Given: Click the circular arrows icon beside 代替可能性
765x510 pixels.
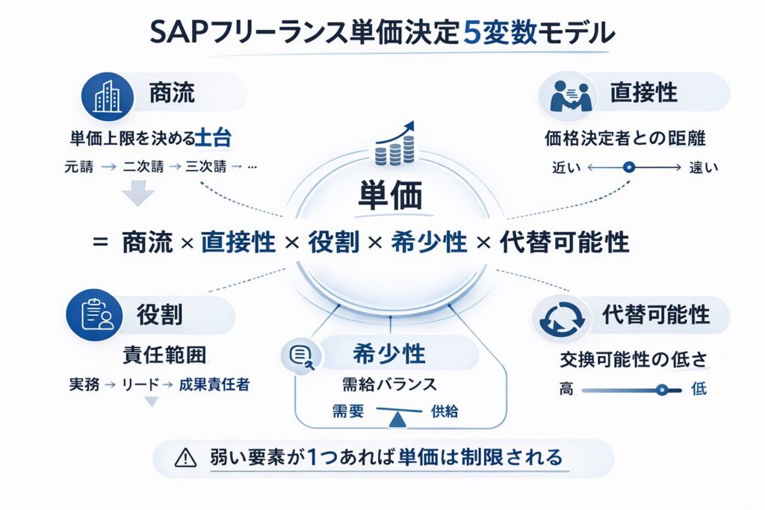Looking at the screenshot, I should pos(559,319).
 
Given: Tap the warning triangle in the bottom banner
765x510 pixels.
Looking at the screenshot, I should pos(185,456).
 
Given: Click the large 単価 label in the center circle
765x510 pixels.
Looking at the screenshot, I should pos(389,195).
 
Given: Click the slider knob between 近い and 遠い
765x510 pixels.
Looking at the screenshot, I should pos(628,168).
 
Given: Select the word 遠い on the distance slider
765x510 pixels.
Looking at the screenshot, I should pos(703,168).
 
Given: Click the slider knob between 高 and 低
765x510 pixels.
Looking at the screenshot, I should pos(660,390).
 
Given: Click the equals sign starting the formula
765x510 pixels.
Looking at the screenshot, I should pos(99,243).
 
